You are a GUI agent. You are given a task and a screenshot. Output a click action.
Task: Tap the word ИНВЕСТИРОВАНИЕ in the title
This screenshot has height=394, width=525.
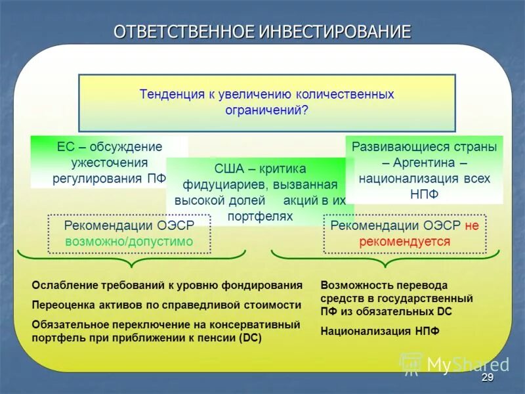tap(335, 32)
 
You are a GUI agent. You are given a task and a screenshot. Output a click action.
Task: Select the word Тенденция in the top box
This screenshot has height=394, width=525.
tap(173, 94)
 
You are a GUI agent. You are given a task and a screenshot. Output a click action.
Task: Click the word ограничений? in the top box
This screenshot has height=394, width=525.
tap(266, 110)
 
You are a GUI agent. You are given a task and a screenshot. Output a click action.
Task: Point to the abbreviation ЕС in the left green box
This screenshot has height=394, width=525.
tap(64, 146)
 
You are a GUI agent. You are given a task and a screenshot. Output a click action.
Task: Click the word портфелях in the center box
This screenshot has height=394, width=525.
tap(260, 216)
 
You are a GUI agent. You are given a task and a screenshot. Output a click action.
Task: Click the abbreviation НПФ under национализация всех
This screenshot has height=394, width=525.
tap(423, 194)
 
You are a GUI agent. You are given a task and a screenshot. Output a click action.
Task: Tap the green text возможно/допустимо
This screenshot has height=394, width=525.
tap(129, 242)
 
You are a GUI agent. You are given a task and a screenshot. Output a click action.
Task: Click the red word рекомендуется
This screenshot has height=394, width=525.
tap(404, 242)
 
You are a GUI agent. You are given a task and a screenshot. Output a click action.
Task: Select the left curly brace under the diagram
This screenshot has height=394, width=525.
tap(131, 258)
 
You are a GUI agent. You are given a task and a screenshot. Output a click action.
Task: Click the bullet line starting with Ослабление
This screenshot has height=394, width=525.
tap(167, 286)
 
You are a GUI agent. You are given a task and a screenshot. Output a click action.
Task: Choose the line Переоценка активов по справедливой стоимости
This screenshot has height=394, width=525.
tap(167, 305)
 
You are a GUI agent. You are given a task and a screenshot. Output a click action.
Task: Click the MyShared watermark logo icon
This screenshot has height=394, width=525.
tap(411, 364)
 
